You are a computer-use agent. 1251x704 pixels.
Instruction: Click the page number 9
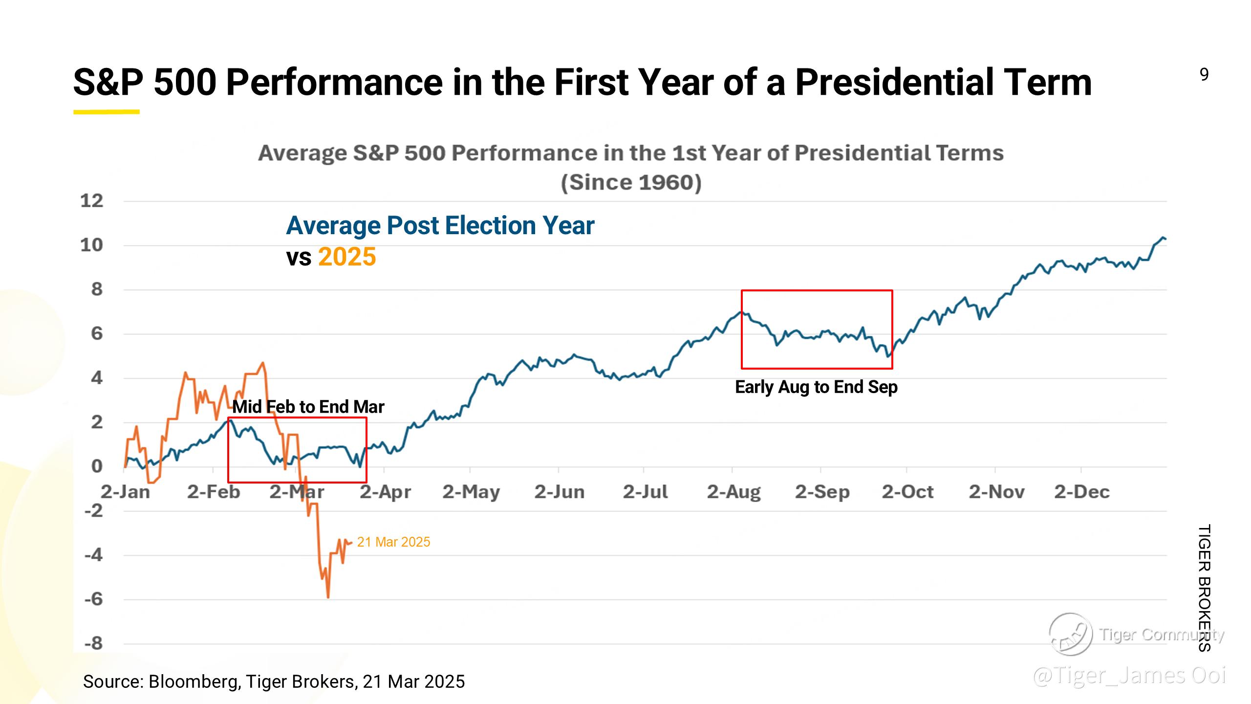(x=1204, y=75)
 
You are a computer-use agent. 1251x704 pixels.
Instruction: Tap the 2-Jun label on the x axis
(x=559, y=492)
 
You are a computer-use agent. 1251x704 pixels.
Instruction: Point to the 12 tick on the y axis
(x=92, y=201)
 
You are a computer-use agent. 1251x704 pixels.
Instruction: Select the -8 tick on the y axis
(x=94, y=643)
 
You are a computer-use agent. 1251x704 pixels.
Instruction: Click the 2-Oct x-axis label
(x=907, y=492)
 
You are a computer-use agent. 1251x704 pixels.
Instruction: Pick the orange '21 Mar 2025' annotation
(x=393, y=542)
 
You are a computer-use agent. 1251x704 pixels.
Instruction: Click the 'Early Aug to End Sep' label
(x=816, y=387)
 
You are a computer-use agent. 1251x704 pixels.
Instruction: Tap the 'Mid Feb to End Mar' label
(x=308, y=407)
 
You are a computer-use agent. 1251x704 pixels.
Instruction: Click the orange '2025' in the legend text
(x=347, y=257)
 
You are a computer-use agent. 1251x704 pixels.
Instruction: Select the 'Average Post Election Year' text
(x=440, y=226)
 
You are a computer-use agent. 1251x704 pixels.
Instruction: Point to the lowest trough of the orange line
(x=328, y=597)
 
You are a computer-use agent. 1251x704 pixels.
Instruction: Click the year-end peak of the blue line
(x=1163, y=238)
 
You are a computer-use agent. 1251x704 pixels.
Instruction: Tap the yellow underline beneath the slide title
(x=107, y=112)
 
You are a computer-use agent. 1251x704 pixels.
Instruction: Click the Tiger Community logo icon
(x=1071, y=634)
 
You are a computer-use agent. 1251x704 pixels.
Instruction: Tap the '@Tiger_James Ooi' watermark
(x=1129, y=676)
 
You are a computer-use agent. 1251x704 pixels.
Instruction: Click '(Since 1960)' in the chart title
(x=631, y=182)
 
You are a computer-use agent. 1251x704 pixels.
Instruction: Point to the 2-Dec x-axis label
(x=1081, y=492)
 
